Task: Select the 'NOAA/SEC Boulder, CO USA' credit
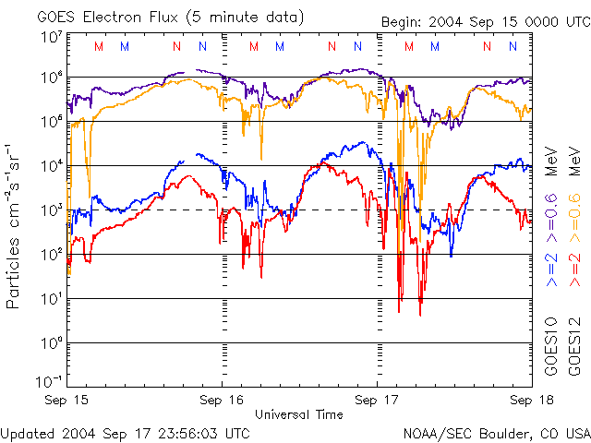496,432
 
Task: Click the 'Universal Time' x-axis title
299,414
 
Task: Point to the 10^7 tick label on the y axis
51,37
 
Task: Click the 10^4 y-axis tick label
51,166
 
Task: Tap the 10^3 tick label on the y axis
51,210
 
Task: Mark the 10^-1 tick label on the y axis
50,381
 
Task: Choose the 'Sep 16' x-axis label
223,401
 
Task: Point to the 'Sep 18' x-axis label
527,401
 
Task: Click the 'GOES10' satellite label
550,347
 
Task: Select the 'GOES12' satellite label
574,347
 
